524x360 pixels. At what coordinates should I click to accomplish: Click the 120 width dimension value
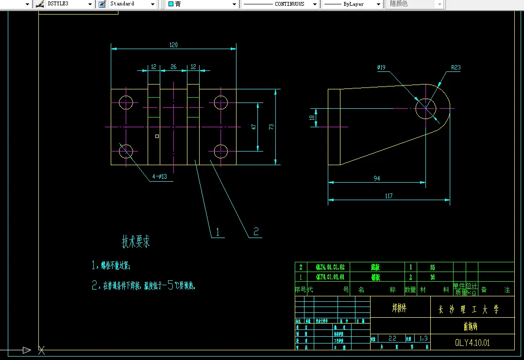(x=173, y=45)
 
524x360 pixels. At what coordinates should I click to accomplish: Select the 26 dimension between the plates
(x=173, y=67)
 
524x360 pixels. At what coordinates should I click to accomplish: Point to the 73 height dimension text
(x=271, y=126)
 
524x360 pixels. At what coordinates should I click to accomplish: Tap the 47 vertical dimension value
(x=254, y=126)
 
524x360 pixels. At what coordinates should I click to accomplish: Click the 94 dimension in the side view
(x=377, y=178)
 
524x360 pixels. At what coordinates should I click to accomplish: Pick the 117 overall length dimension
(x=389, y=196)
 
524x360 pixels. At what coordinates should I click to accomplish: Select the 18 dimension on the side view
(x=312, y=117)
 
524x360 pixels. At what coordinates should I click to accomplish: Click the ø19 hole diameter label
(x=381, y=68)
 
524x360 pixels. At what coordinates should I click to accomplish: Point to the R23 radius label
(x=456, y=68)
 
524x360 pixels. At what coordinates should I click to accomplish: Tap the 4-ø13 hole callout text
(x=159, y=177)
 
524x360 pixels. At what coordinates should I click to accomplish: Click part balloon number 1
(x=218, y=232)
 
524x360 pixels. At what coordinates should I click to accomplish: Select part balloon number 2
(x=256, y=231)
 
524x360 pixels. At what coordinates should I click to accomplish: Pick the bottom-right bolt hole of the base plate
(x=221, y=152)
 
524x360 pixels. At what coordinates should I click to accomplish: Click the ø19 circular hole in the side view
(x=425, y=108)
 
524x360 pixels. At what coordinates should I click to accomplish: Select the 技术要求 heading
(x=135, y=241)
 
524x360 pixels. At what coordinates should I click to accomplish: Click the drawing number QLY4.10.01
(x=472, y=342)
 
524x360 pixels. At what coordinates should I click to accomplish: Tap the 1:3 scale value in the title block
(x=423, y=338)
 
